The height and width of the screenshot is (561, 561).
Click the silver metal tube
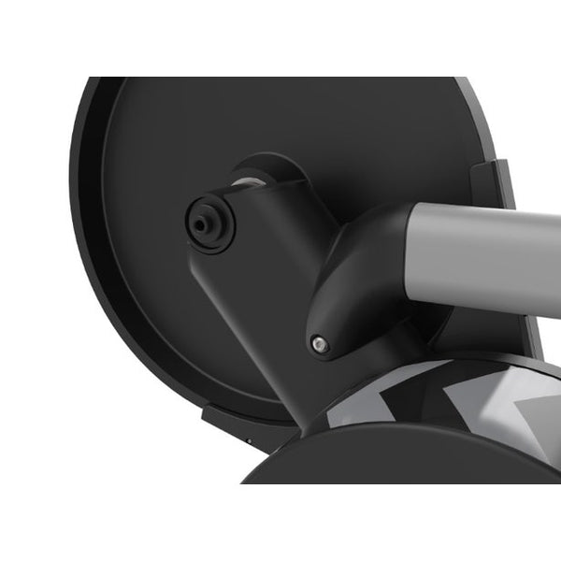pyautogui.click(x=486, y=246)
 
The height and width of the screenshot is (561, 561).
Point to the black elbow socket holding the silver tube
pyautogui.click(x=355, y=280)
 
